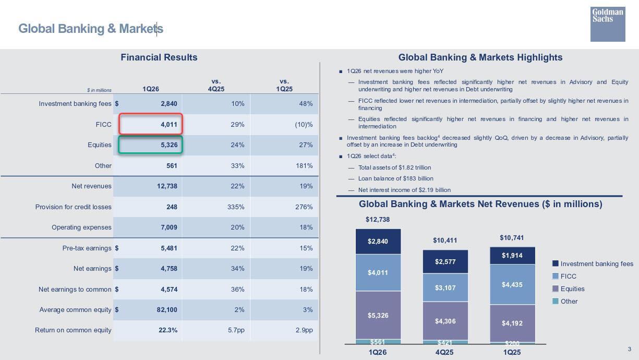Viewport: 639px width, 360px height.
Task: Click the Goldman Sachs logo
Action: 608,24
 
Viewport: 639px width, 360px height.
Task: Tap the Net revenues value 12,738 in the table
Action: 167,186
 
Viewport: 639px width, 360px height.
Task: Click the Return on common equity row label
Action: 73,330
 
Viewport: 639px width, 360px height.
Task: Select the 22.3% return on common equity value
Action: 167,330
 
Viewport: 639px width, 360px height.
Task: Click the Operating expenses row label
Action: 81,227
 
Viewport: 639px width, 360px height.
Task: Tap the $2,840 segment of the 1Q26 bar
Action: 378,242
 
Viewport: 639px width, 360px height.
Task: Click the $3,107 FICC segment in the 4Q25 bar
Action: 445,288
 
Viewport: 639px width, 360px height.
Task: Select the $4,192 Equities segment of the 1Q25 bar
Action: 512,323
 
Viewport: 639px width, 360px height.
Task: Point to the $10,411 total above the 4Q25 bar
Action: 445,241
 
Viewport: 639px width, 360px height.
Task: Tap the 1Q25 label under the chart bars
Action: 512,352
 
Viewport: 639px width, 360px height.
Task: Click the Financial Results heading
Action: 159,57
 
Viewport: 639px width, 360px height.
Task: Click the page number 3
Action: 629,349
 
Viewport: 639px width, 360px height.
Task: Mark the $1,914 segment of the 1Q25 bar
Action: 512,256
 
